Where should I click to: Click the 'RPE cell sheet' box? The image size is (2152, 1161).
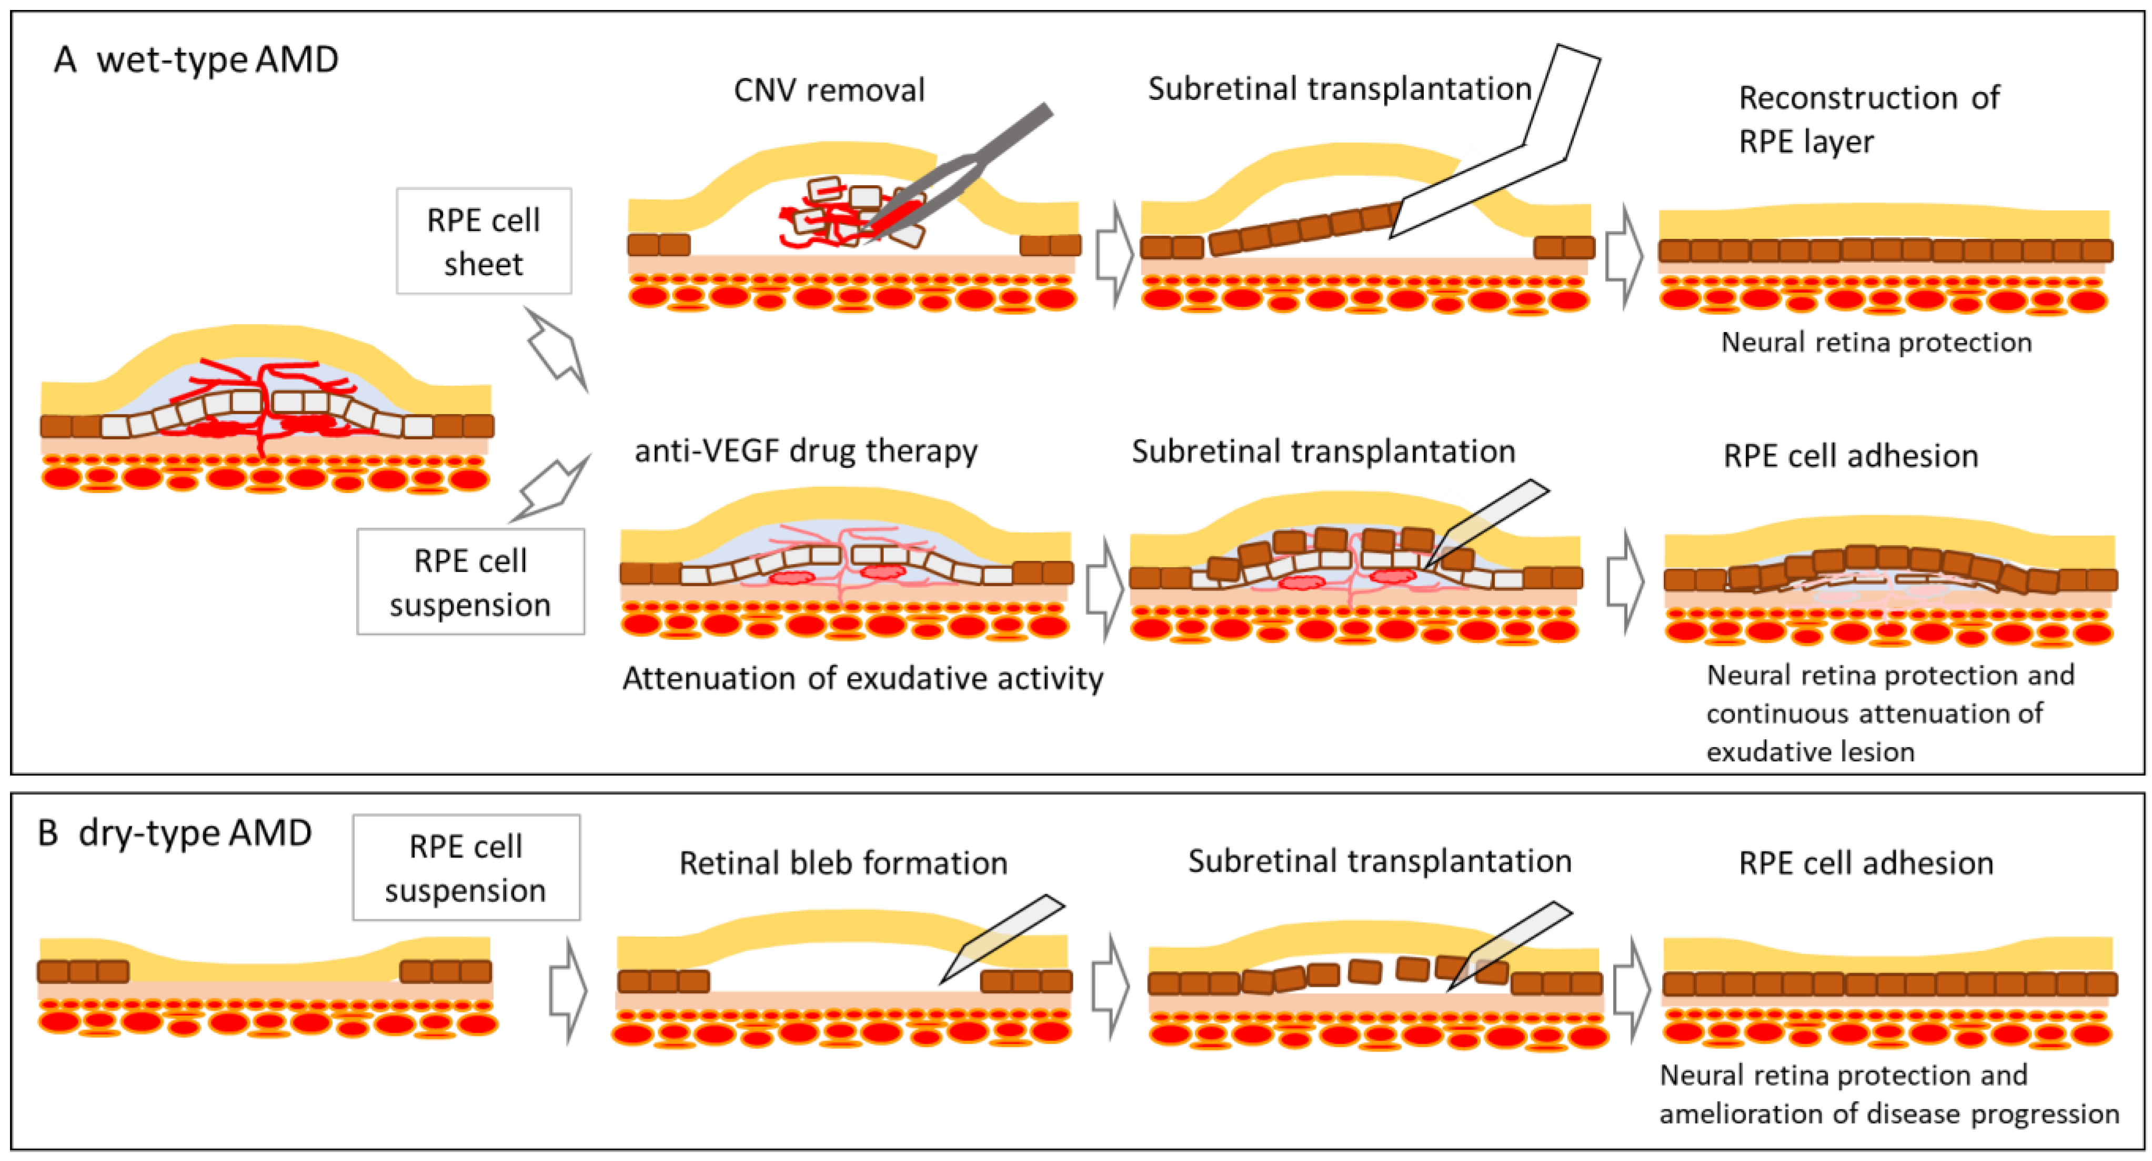coord(484,241)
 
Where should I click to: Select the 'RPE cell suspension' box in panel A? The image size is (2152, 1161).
coord(470,582)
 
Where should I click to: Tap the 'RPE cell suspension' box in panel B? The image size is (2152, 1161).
coord(466,868)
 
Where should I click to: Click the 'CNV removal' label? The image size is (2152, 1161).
coord(829,90)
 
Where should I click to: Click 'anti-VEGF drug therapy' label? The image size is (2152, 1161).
coord(806,451)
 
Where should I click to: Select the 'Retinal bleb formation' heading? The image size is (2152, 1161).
coord(843,863)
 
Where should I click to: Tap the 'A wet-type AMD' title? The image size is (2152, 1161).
coord(196,60)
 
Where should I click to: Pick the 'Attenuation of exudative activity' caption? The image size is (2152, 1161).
coord(862,678)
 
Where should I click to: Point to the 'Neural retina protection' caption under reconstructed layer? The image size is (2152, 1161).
coord(1876,342)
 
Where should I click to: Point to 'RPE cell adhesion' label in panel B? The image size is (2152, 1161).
coord(1865,863)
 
